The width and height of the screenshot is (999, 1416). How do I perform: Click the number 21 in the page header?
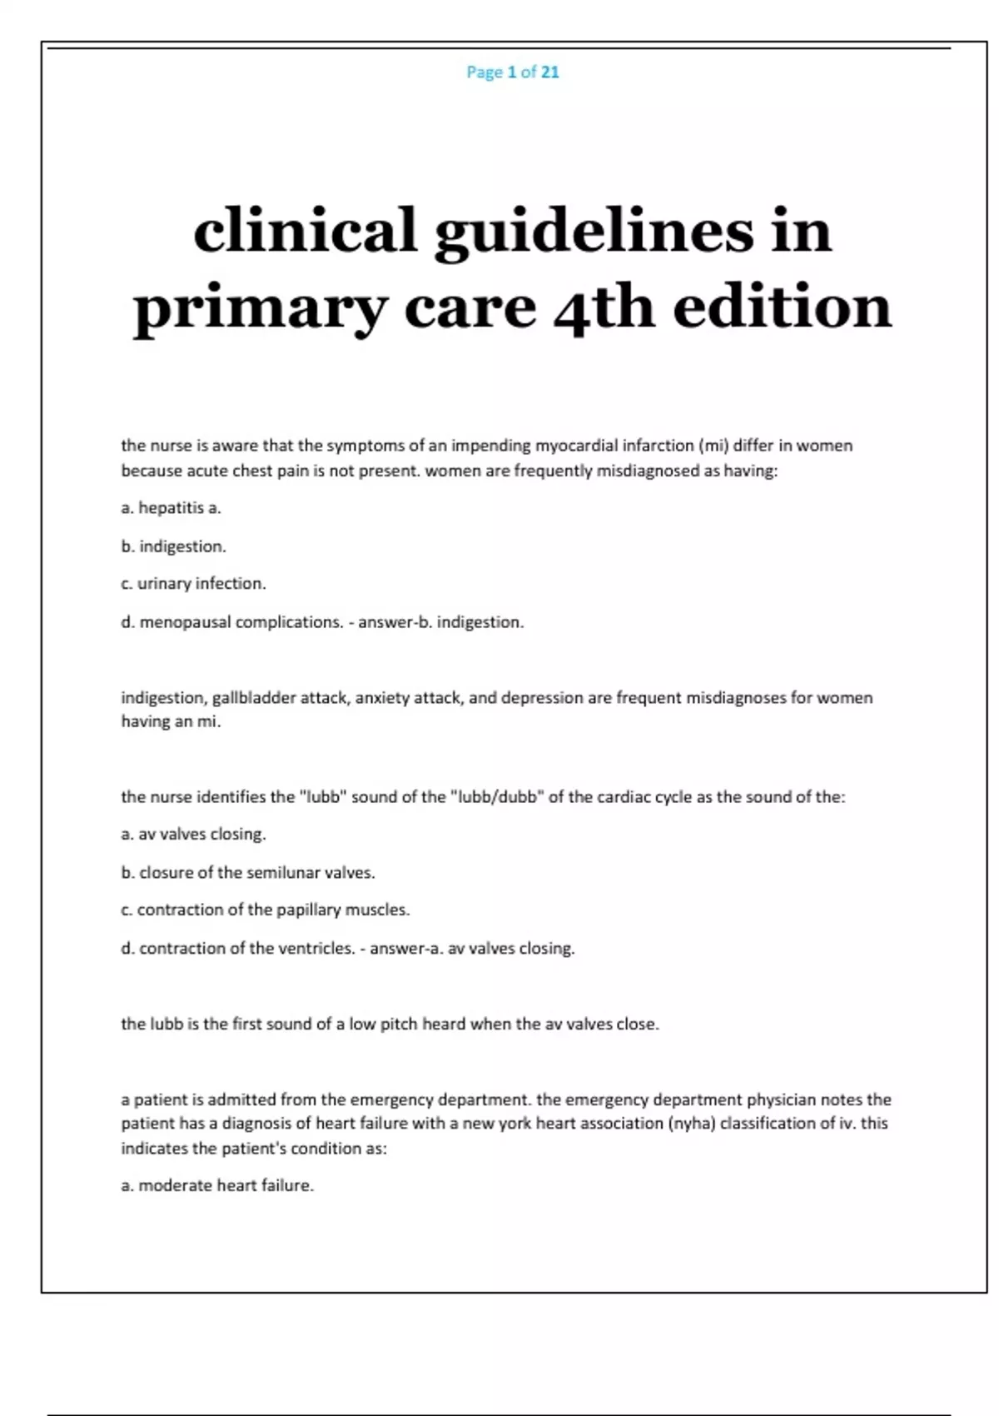pyautogui.click(x=549, y=72)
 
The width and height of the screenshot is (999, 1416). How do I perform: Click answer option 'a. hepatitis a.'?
pyautogui.click(x=171, y=507)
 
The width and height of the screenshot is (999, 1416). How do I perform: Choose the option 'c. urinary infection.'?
pyautogui.click(x=193, y=583)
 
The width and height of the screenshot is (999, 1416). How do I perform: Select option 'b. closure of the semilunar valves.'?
pyautogui.click(x=248, y=872)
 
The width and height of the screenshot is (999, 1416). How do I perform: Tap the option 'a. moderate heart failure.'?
pyautogui.click(x=217, y=1184)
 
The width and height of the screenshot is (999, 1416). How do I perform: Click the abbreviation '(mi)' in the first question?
pyautogui.click(x=713, y=445)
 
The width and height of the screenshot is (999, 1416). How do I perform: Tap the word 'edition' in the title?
pyautogui.click(x=782, y=307)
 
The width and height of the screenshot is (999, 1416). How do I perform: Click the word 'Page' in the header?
pyautogui.click(x=485, y=72)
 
